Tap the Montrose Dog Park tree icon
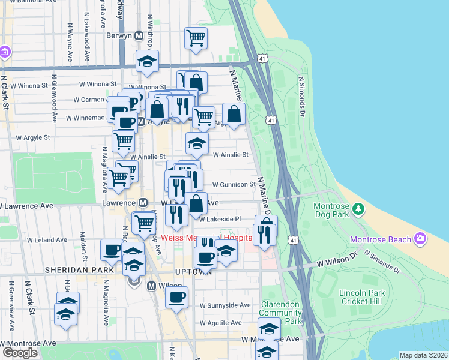coord(358,209)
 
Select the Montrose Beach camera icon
coord(420,239)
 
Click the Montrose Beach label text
coord(381,240)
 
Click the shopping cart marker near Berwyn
coord(196,38)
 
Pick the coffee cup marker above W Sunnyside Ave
coord(176,297)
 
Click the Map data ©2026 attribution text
coord(423,355)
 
